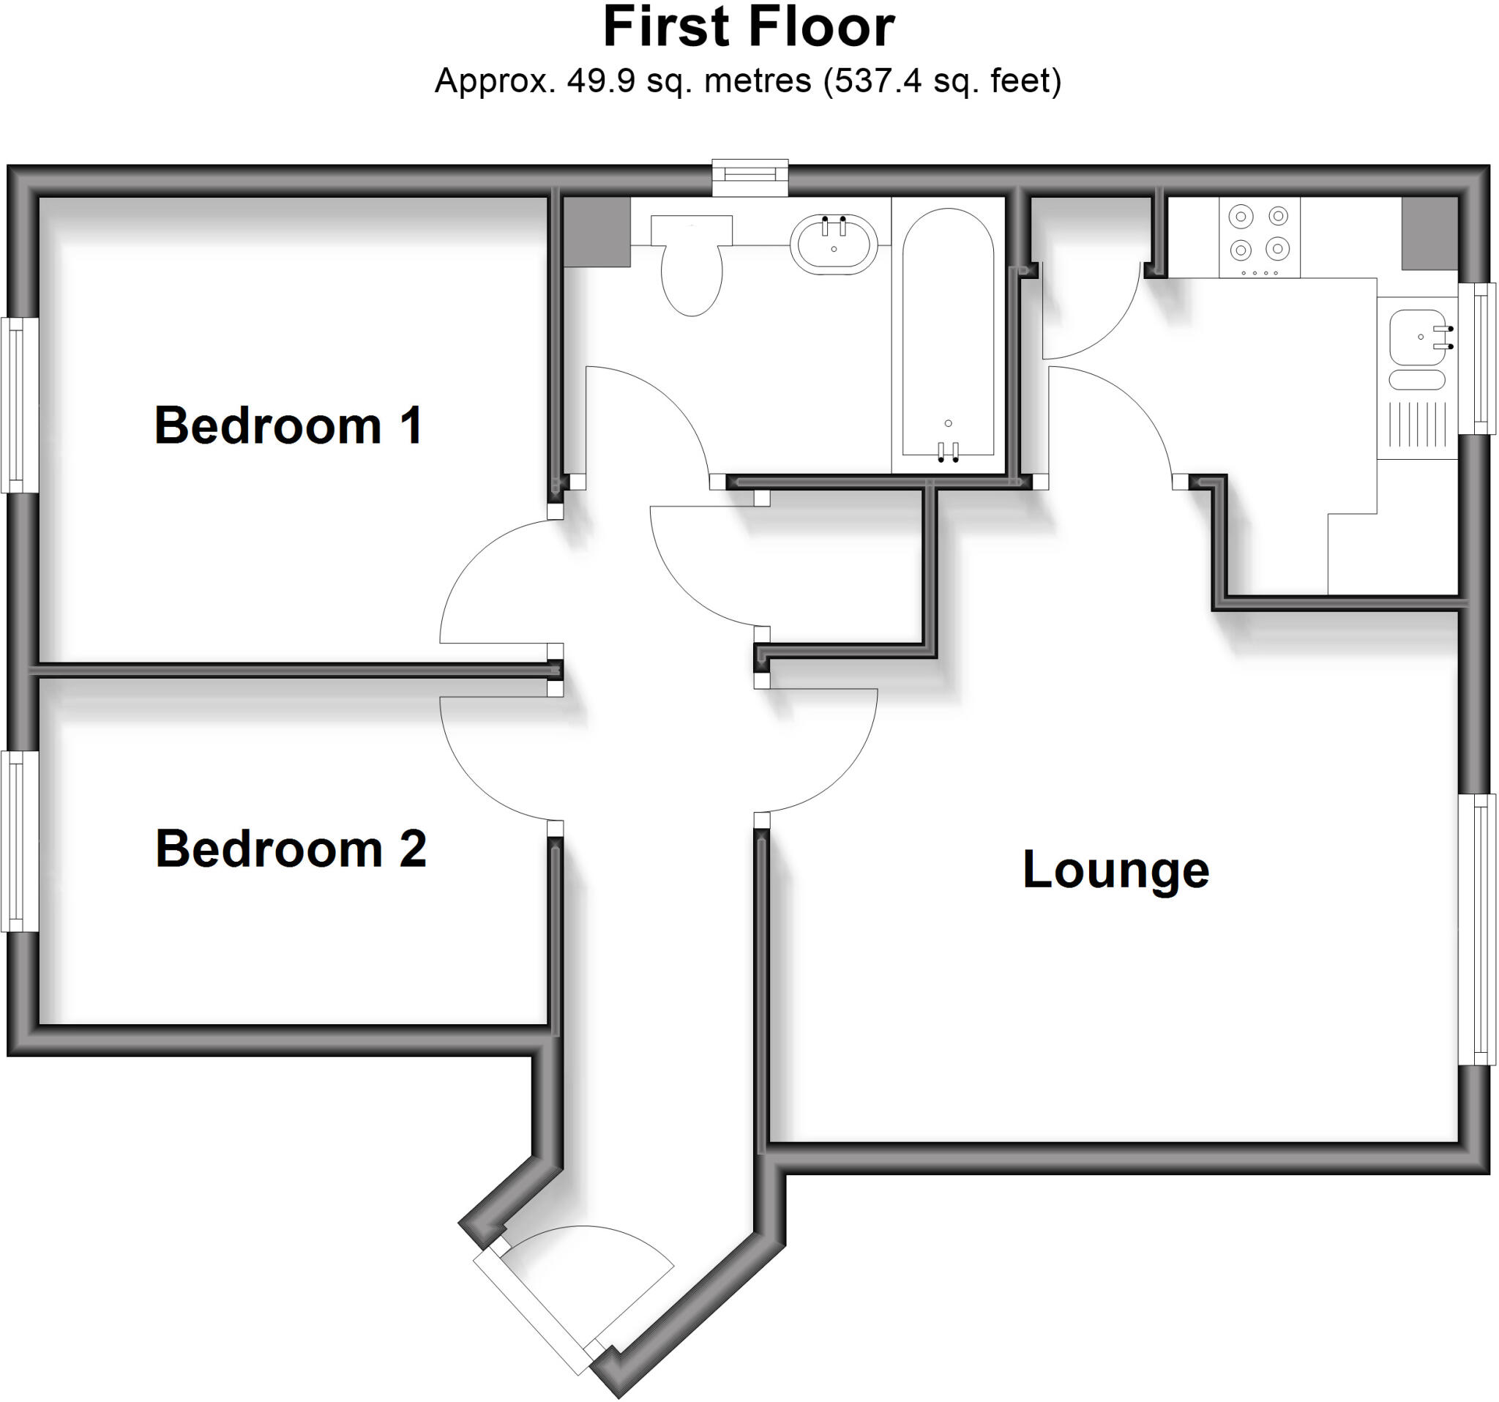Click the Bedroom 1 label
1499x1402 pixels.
coord(288,425)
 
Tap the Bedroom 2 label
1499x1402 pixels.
coord(291,849)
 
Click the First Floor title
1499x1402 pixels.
coord(749,27)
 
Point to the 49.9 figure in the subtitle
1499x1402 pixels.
coord(601,81)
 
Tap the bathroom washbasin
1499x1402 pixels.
coord(834,244)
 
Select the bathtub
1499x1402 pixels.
coord(948,334)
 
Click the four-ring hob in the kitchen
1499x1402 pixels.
coord(1259,237)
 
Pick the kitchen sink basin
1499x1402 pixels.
coord(1418,337)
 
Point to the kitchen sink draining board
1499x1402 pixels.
coord(1418,425)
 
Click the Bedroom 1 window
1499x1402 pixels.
coord(20,405)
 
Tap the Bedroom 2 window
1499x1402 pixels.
coord(20,841)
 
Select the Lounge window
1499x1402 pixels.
coord(1476,929)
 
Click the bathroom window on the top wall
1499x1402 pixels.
coord(750,178)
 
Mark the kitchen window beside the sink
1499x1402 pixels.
coord(1476,358)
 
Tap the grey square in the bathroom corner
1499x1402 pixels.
coord(597,232)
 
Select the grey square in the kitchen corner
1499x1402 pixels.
coord(1429,233)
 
